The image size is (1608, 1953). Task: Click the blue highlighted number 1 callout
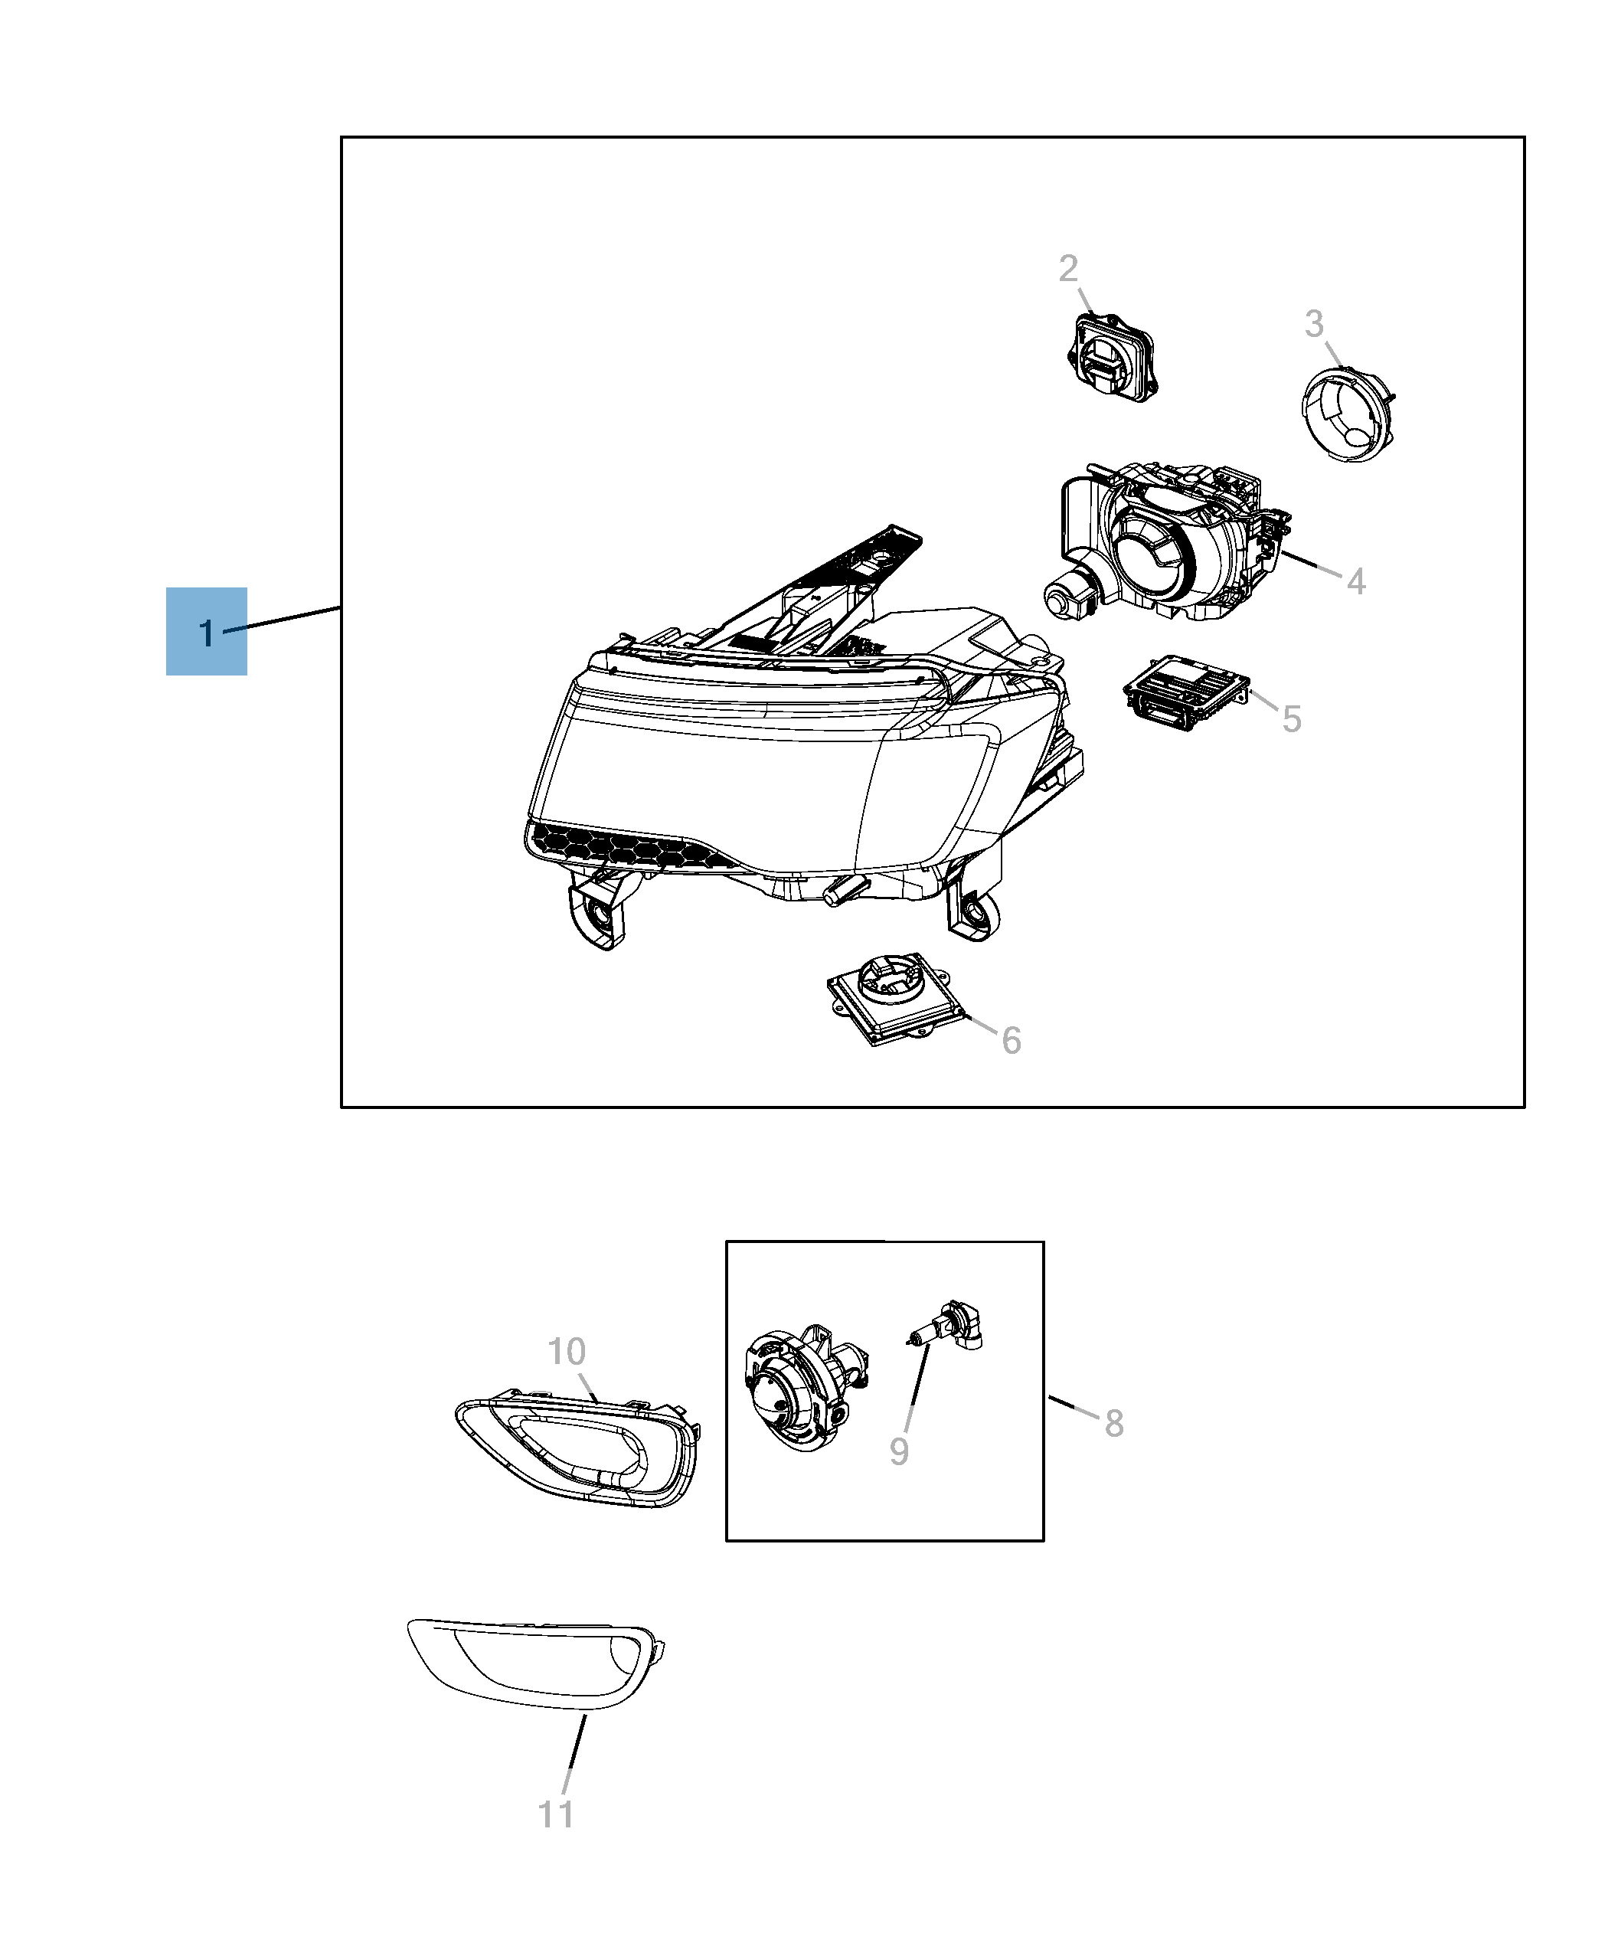click(x=206, y=632)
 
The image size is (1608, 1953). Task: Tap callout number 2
click(x=1068, y=269)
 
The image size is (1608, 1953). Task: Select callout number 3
click(x=1313, y=324)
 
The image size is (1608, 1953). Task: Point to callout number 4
click(x=1355, y=582)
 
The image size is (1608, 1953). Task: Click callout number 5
click(x=1291, y=719)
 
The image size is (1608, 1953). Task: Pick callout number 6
click(x=1012, y=1040)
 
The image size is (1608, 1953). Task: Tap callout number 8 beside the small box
click(x=1114, y=1423)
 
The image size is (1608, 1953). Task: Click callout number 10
click(x=566, y=1352)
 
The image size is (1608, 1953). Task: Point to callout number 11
click(x=556, y=1814)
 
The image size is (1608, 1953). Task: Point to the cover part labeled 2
click(x=1112, y=357)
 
